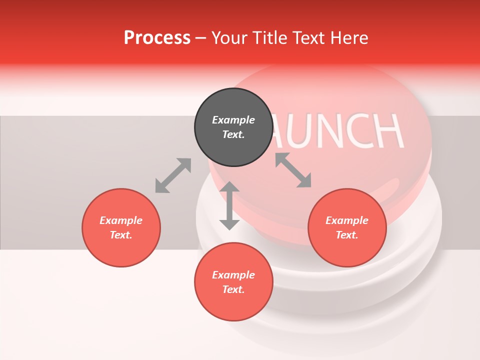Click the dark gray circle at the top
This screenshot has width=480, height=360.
click(x=233, y=127)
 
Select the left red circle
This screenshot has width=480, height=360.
click(x=121, y=228)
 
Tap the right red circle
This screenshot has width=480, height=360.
click(x=347, y=228)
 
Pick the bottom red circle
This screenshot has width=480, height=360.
click(x=233, y=282)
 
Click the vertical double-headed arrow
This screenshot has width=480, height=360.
click(x=229, y=205)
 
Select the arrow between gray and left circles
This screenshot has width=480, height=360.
click(x=173, y=175)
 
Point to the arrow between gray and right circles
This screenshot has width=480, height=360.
click(x=293, y=170)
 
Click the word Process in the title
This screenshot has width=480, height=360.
click(x=157, y=38)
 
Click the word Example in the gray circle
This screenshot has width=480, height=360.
click(x=233, y=120)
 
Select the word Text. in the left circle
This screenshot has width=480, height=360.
click(x=121, y=235)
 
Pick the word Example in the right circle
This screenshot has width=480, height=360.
click(x=347, y=220)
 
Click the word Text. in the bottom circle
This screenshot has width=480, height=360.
click(x=233, y=289)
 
